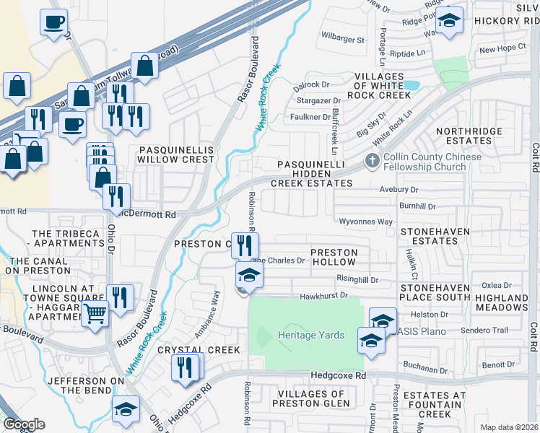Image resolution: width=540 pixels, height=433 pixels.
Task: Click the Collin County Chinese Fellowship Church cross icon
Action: (x=373, y=161)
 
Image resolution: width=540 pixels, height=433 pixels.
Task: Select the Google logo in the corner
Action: (x=24, y=424)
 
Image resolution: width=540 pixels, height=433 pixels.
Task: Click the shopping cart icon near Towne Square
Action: (x=95, y=315)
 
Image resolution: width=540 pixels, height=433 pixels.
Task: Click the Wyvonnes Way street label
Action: (x=366, y=222)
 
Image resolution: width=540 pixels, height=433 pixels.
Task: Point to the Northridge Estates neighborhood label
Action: (x=463, y=136)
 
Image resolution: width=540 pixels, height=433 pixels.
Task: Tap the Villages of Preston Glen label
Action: (x=311, y=398)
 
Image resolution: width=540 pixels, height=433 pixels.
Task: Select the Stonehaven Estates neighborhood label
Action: (x=435, y=237)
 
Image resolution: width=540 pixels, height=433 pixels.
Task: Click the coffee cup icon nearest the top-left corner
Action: (x=53, y=22)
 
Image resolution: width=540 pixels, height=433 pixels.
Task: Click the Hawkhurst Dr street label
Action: (x=324, y=295)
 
